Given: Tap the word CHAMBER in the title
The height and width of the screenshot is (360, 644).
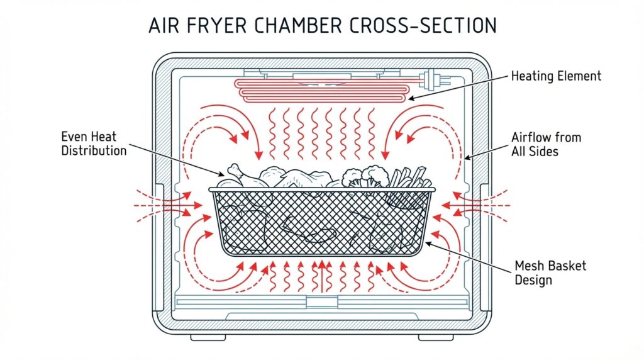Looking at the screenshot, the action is tap(297, 25).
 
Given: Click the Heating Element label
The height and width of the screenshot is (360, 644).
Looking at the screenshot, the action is tap(556, 76).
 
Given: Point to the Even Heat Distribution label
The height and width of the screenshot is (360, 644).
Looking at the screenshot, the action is tap(94, 143).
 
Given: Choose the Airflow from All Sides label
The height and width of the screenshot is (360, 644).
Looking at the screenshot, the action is tap(546, 144).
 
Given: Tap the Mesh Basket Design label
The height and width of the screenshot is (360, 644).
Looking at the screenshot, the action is tap(550, 273).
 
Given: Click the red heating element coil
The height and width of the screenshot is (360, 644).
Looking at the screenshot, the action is tap(323, 91).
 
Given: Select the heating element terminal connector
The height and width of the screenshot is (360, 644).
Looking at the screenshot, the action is tap(430, 80).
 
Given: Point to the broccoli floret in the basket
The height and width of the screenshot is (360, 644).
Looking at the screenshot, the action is tap(365, 176).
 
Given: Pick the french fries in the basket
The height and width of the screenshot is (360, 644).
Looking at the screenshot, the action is tap(409, 177).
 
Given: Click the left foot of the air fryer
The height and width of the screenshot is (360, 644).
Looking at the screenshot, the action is tap(208, 337).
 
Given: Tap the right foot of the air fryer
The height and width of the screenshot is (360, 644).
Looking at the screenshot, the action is tap(436, 337).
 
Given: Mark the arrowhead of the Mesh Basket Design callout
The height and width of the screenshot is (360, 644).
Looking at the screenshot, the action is tap(428, 244).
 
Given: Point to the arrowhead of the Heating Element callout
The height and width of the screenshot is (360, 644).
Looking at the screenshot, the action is tap(411, 98).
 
